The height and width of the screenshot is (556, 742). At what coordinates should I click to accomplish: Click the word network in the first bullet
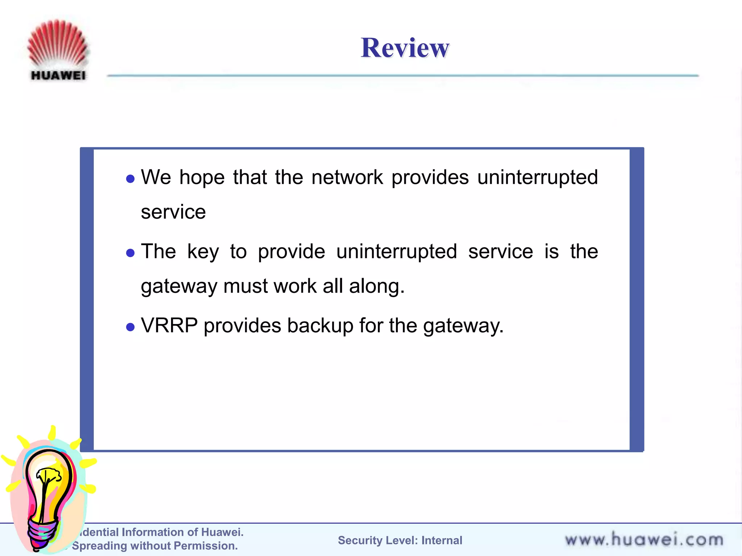point(347,177)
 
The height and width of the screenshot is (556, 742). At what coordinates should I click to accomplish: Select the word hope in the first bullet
point(202,178)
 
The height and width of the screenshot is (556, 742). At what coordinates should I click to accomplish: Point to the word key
point(203,252)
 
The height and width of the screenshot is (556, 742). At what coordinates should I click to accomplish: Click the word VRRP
point(169,325)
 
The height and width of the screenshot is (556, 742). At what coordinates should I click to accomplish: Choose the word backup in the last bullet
point(320,325)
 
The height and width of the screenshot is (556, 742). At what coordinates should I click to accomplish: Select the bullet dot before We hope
point(130,179)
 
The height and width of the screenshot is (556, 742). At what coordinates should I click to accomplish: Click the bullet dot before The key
point(130,253)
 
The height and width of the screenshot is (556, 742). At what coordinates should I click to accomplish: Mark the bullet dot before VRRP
point(130,327)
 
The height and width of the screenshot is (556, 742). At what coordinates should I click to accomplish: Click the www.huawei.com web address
point(644,540)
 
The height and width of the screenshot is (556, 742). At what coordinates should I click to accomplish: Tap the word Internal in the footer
point(442,540)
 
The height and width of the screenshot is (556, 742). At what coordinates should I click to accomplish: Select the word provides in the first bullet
point(430,177)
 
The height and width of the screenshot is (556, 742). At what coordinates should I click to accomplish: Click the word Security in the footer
point(360,540)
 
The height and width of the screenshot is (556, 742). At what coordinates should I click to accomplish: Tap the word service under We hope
point(173,212)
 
